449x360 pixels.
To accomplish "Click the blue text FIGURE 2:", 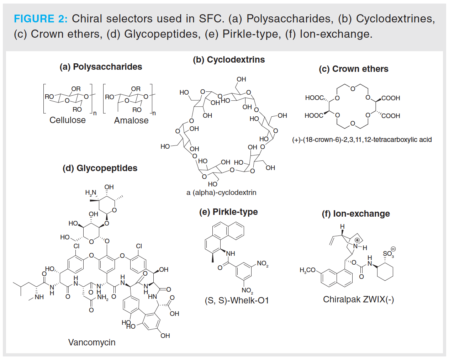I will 40,19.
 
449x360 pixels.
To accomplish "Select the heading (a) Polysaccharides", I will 101,67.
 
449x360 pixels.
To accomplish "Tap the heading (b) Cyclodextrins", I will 229,60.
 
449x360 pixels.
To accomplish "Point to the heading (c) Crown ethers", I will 353,69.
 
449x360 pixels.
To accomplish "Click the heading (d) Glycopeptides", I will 100,168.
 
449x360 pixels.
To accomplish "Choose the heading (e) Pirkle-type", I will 228,212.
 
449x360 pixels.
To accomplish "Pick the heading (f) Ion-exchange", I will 356,214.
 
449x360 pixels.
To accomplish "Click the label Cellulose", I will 68,120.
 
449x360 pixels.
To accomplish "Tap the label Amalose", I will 131,121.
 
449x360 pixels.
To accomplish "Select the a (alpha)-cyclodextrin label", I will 221,193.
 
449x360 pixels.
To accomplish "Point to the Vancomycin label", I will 92,343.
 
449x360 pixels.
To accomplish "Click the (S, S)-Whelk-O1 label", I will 237,301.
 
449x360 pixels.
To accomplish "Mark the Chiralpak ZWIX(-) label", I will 358,300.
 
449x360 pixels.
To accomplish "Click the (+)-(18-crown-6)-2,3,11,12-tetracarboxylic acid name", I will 362,140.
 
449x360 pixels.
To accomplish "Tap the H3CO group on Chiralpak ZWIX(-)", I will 307,270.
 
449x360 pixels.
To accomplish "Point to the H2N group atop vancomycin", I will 91,193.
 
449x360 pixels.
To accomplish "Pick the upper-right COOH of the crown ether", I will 391,98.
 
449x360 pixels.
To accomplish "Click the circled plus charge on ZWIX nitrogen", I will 357,240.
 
